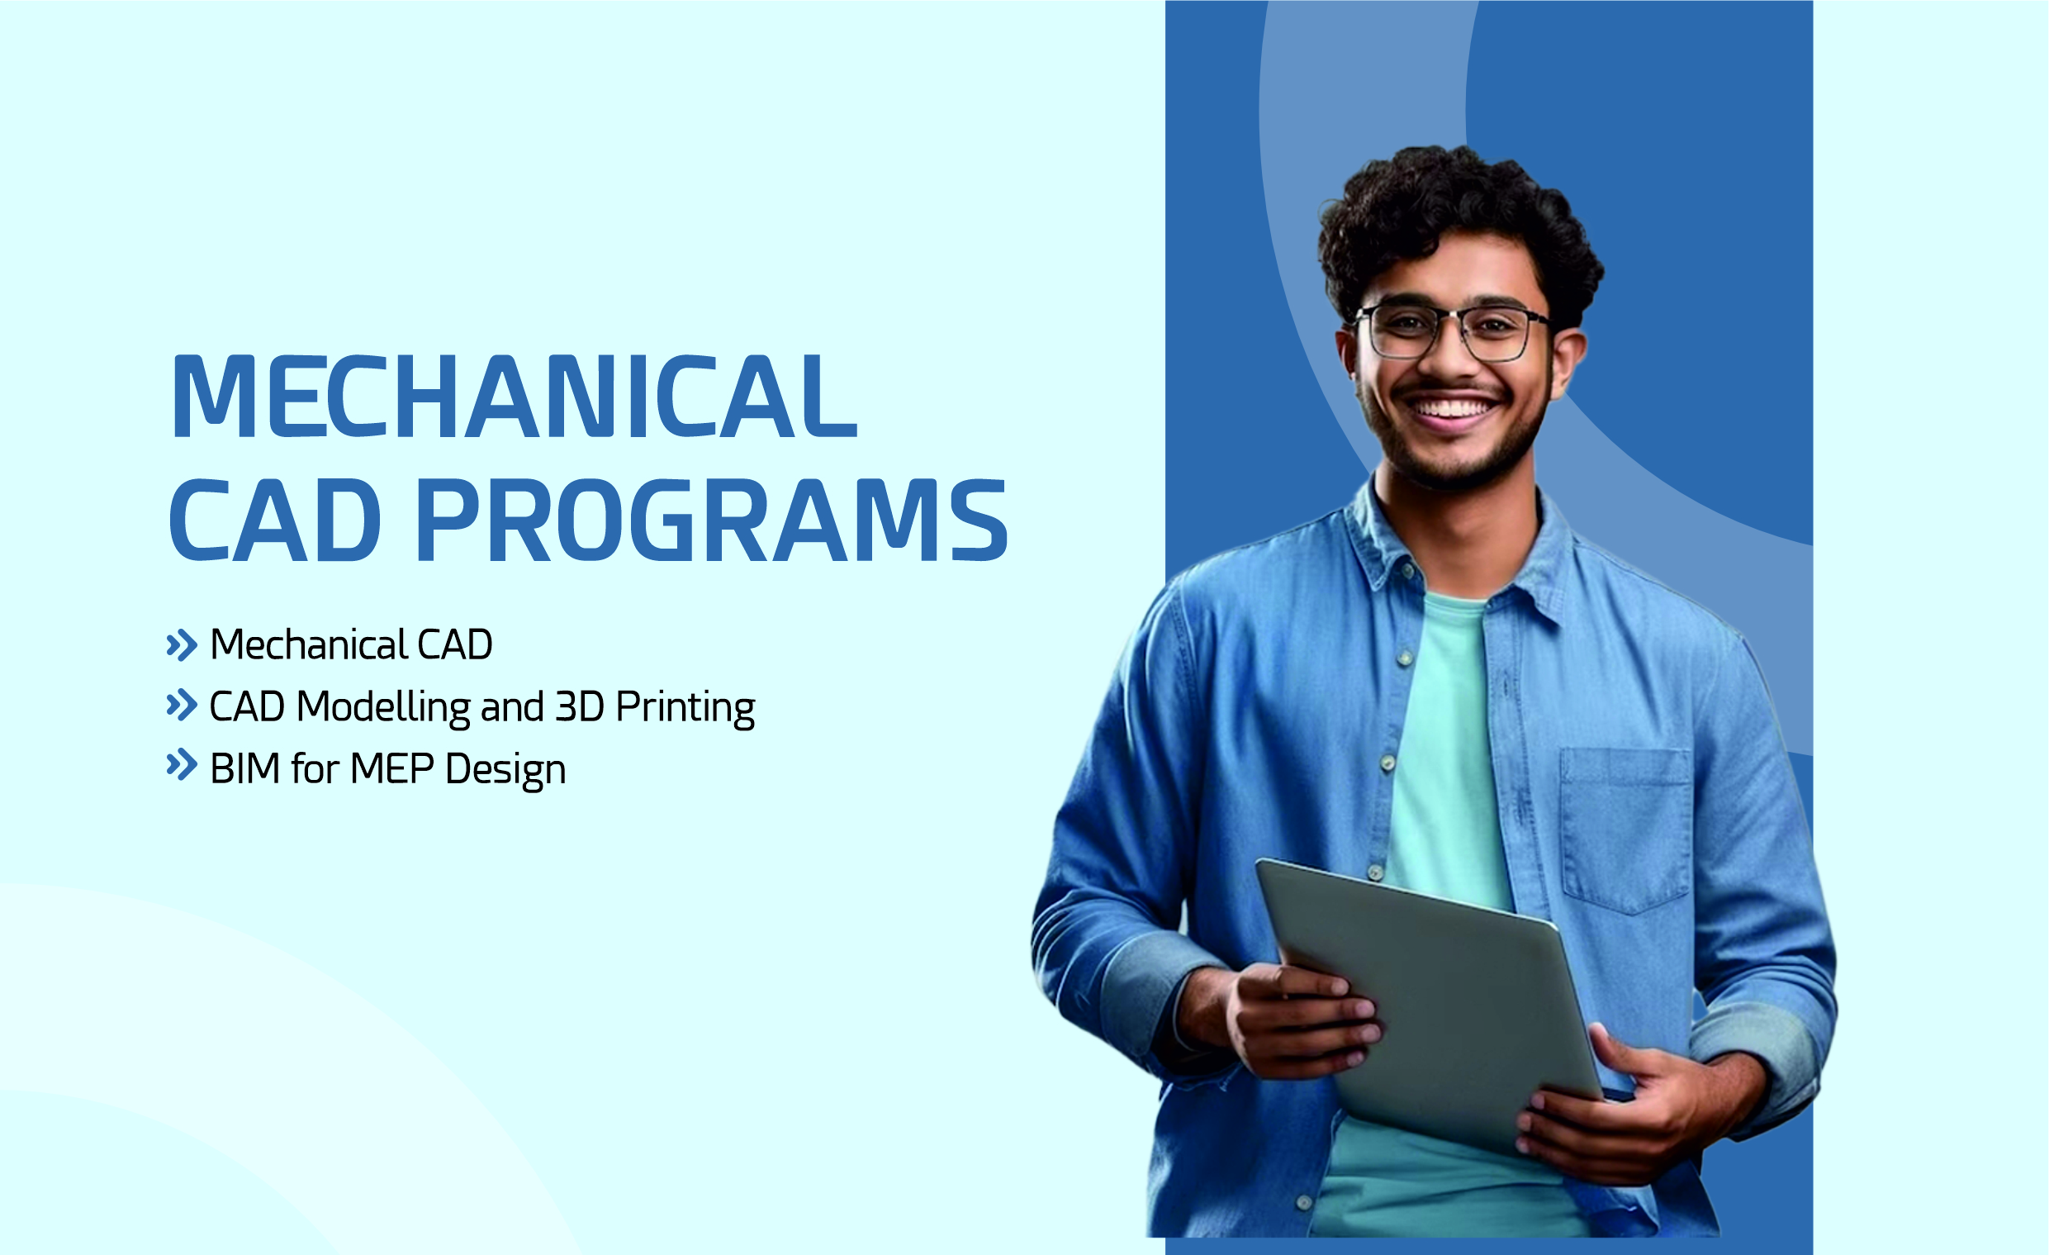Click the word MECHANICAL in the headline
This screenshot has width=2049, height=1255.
pos(513,397)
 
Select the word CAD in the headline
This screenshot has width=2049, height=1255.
pos(274,521)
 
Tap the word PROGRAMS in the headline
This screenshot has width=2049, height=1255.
pos(711,521)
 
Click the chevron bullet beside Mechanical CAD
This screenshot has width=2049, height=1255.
pos(182,645)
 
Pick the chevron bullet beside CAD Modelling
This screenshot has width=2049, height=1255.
pos(182,706)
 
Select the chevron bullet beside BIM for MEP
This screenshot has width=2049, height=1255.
pos(182,765)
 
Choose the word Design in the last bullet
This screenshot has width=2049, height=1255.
pos(505,771)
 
